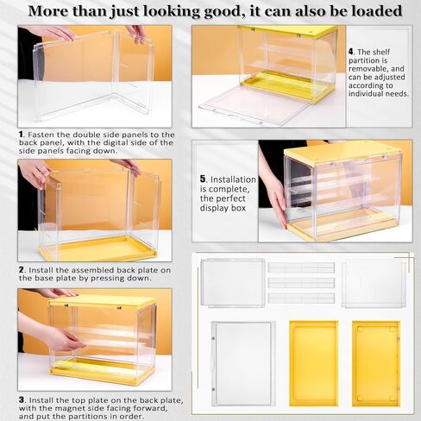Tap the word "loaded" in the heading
373,11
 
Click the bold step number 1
22,135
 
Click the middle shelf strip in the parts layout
301,282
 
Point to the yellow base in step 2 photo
95,251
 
